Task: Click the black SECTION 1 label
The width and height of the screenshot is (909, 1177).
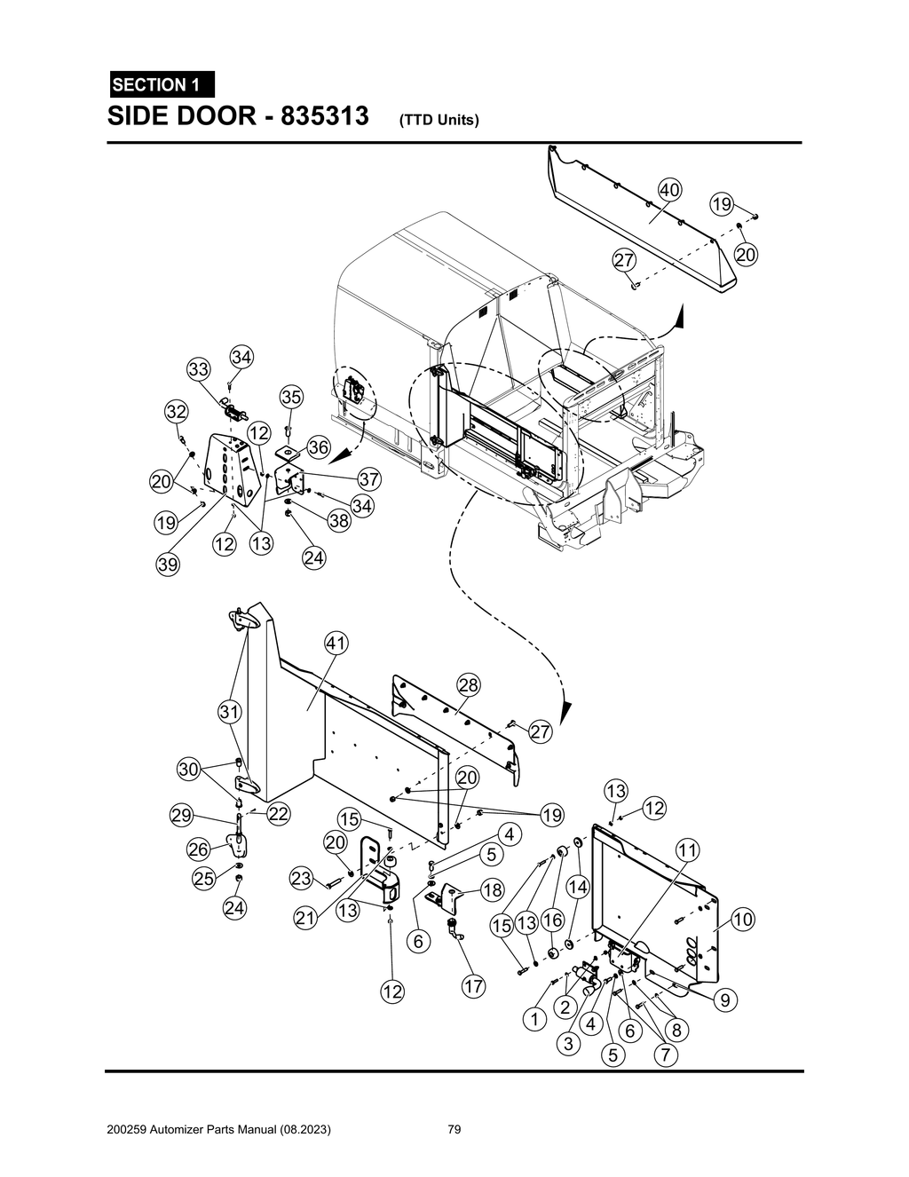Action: click(x=161, y=84)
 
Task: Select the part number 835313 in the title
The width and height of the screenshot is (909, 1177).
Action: click(x=325, y=116)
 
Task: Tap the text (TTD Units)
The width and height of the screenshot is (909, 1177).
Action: click(x=439, y=120)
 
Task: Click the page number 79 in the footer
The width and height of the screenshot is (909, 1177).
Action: click(x=454, y=1130)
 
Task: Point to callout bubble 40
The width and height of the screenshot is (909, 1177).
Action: click(x=669, y=189)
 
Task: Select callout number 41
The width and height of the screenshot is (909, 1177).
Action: click(x=336, y=643)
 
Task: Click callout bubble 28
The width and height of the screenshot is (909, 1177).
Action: click(x=468, y=684)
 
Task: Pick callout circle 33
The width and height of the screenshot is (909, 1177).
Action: click(x=198, y=369)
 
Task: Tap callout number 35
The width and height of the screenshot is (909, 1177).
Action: click(x=291, y=397)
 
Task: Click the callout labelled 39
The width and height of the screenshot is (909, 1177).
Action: click(x=168, y=564)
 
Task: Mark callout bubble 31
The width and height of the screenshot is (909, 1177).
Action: click(x=230, y=711)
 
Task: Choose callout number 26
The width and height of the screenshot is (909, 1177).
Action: click(x=197, y=849)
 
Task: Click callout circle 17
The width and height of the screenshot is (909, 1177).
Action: click(x=473, y=986)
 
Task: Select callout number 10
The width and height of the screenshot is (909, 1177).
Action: click(x=742, y=920)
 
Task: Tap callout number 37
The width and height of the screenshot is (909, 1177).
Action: click(x=368, y=479)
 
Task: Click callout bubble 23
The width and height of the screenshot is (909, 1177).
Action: click(x=302, y=879)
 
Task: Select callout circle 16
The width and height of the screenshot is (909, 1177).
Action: click(x=553, y=922)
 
